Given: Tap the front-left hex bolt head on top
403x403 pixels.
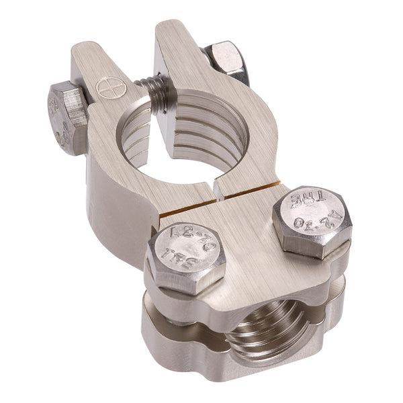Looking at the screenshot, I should (x=186, y=255).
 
